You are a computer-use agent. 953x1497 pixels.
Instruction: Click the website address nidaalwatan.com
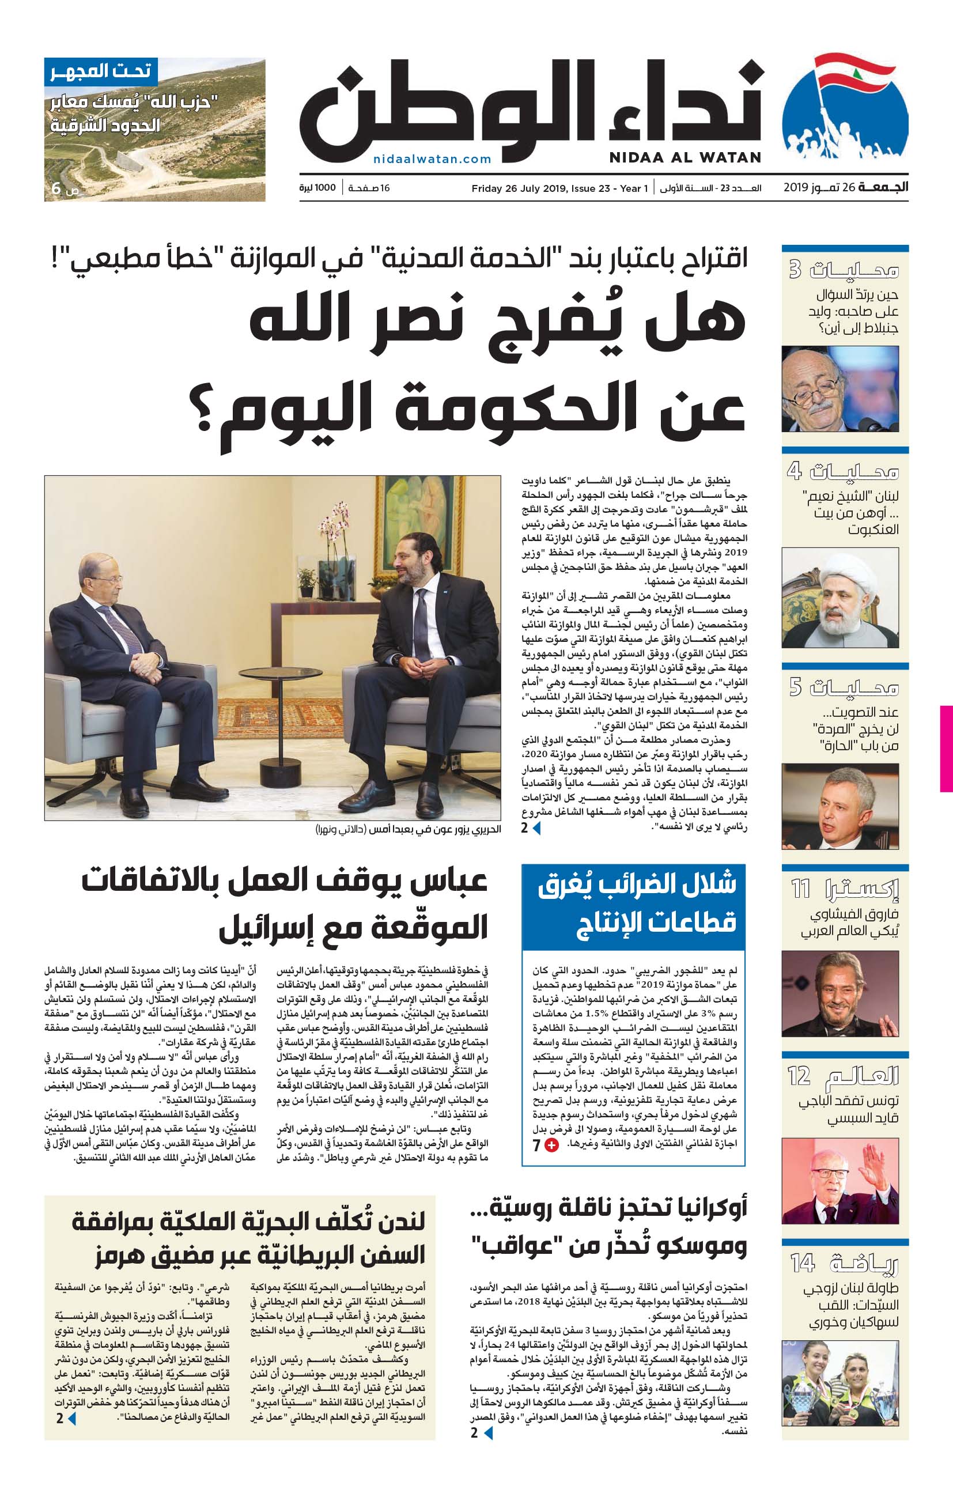click(432, 159)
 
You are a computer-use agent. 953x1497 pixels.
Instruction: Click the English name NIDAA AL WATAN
click(685, 157)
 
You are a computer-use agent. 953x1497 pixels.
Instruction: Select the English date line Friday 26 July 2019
click(559, 188)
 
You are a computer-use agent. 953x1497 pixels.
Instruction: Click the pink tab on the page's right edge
click(946, 748)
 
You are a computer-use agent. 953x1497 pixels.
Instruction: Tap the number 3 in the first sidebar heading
click(795, 270)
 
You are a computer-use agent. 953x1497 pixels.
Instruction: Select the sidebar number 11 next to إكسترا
click(801, 889)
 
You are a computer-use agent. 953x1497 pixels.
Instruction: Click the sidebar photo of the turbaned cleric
click(840, 598)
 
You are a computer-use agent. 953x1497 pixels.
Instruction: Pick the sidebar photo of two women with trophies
click(840, 1382)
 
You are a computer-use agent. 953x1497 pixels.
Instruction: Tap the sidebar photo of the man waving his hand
click(840, 1181)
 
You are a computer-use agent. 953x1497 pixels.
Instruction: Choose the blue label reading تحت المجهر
click(101, 71)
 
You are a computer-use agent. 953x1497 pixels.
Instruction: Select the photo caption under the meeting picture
click(409, 829)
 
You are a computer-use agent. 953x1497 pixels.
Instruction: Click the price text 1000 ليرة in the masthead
click(317, 188)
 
